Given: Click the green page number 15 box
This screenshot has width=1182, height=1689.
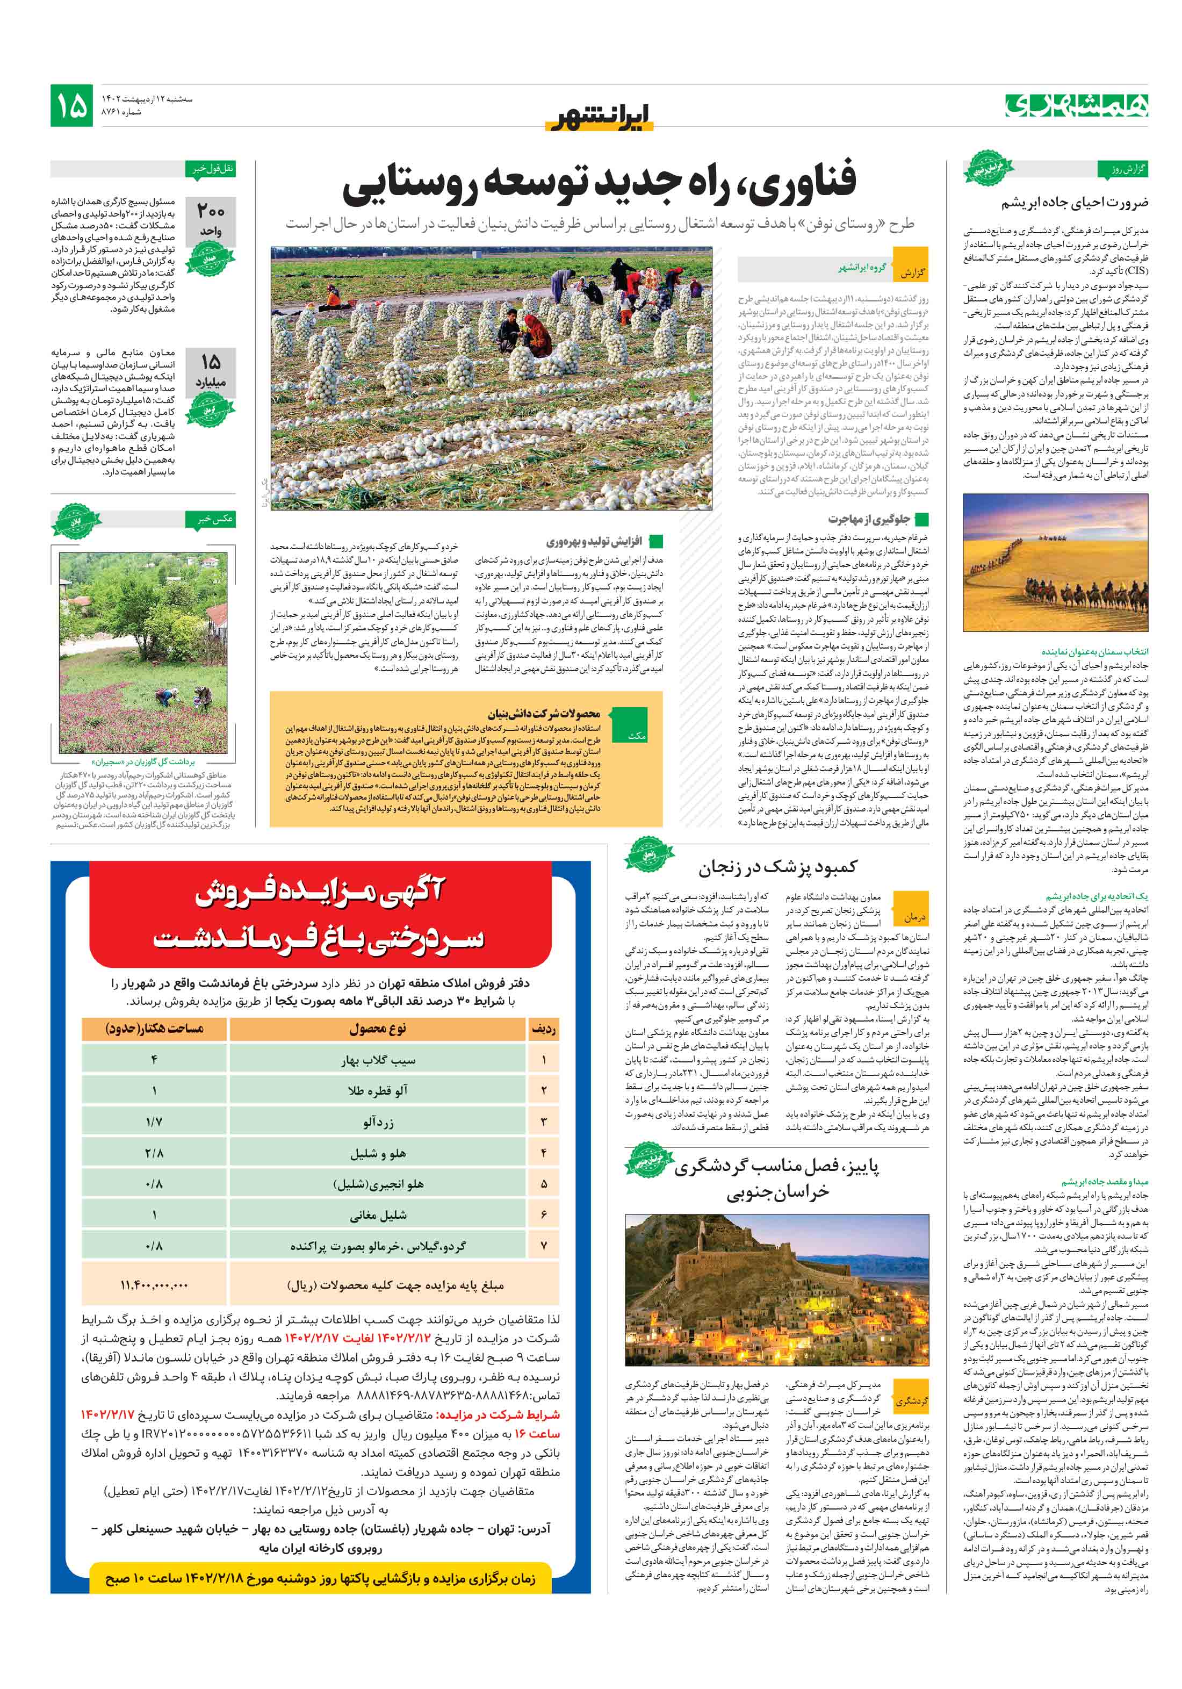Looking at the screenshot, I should pos(71,105).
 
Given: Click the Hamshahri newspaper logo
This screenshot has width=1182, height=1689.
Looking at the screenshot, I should pos(1076,105).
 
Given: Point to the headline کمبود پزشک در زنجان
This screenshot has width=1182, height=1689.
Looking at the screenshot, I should pos(777,867).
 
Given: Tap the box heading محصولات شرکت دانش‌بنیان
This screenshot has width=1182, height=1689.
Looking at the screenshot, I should pos(544,713).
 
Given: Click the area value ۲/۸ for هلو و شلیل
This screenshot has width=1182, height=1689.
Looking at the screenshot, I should pos(154,1153).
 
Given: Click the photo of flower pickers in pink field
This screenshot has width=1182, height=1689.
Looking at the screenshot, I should pos(143,652).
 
